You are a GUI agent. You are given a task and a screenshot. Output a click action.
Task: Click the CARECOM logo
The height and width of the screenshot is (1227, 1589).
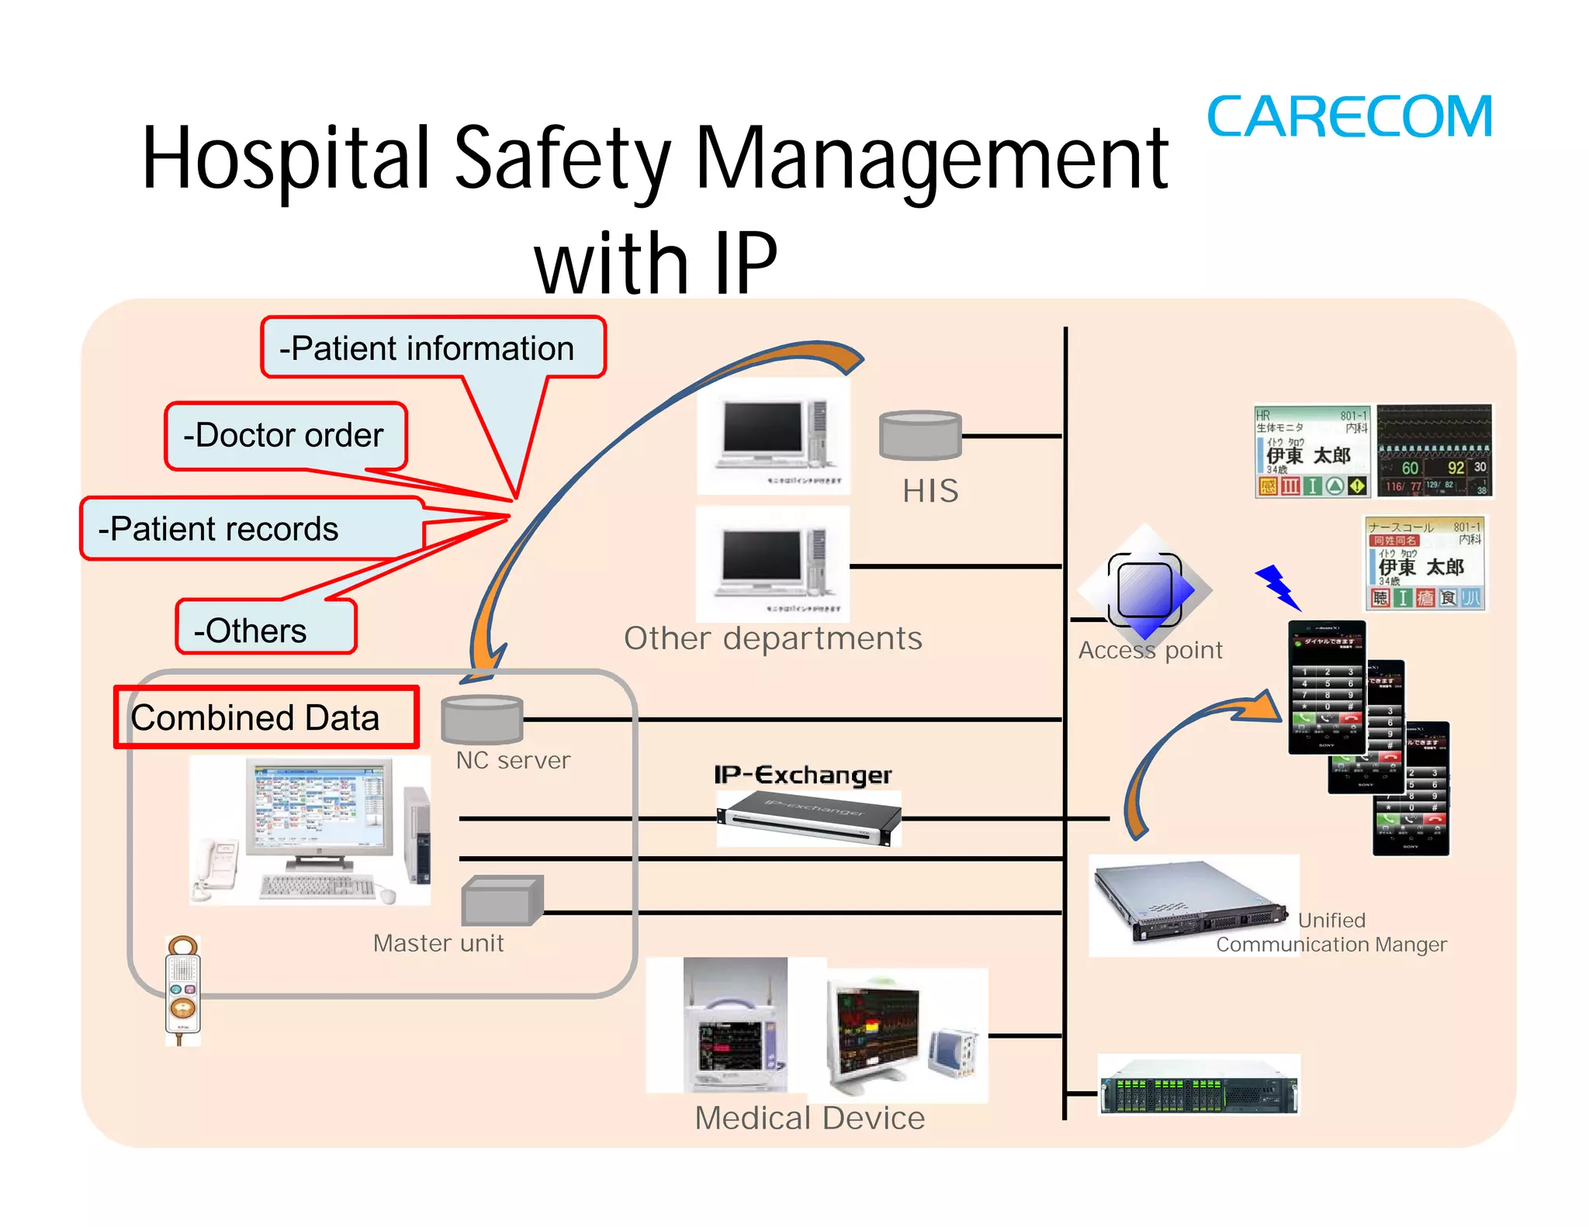[1349, 118]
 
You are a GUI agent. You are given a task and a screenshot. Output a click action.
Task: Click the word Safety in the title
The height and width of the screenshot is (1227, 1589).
[562, 159]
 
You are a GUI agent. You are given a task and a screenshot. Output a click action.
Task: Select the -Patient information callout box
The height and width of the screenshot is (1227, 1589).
[432, 348]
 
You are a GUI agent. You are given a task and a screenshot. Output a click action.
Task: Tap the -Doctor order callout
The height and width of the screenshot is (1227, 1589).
[285, 435]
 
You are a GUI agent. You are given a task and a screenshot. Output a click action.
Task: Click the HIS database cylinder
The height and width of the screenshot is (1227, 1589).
[919, 435]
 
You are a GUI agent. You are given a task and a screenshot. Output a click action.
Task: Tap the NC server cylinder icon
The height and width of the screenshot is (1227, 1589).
[482, 720]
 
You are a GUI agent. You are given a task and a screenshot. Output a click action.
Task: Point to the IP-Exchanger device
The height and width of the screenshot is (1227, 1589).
[808, 819]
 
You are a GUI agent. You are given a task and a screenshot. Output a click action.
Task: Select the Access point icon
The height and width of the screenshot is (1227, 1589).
[1145, 589]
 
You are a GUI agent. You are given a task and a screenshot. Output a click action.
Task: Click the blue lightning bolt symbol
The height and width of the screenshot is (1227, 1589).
[1277, 586]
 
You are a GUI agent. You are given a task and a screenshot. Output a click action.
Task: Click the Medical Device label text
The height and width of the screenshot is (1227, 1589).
[809, 1118]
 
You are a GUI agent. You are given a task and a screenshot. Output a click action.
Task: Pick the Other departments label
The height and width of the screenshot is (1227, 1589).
[773, 638]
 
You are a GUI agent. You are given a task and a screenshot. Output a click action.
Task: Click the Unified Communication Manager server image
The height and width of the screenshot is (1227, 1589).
[1192, 904]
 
